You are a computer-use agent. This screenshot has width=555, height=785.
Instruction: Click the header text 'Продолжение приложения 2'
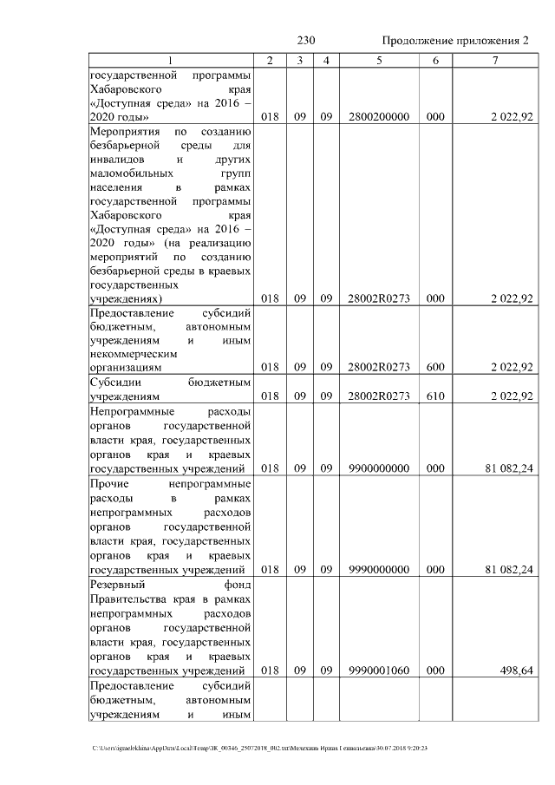point(454,41)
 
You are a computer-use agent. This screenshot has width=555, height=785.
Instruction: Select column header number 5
point(379,60)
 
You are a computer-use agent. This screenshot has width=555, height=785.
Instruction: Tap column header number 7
point(494,60)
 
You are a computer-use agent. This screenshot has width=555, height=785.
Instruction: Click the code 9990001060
point(379,671)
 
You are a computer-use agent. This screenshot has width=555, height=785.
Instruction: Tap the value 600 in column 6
point(434,367)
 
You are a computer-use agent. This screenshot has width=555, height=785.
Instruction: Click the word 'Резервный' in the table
point(117,585)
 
